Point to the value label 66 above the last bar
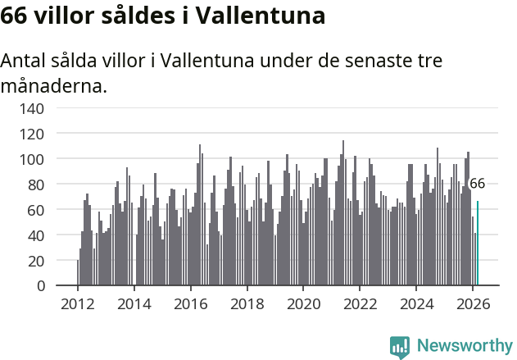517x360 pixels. pyautogui.click(x=477, y=184)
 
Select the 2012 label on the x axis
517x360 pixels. pyautogui.click(x=78, y=303)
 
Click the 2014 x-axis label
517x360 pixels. pyautogui.click(x=134, y=303)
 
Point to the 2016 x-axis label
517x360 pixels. pyautogui.click(x=190, y=303)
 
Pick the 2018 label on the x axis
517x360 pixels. pyautogui.click(x=247, y=303)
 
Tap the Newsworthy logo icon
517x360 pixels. pyautogui.click(x=400, y=346)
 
